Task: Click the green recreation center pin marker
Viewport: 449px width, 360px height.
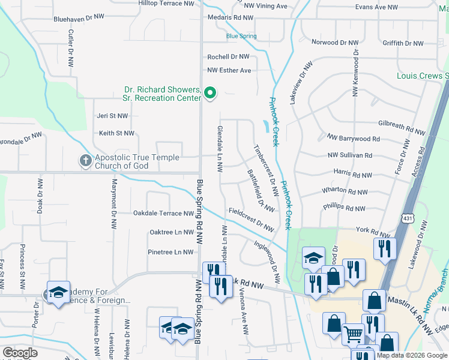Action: point(209,93)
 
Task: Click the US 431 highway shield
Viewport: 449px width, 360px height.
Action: point(408,218)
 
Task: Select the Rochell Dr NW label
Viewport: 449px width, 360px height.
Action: point(228,57)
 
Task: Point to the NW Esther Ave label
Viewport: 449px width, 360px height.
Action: point(229,70)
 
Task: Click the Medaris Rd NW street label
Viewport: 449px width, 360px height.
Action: point(230,18)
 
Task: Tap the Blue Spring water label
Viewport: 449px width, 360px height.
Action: point(241,36)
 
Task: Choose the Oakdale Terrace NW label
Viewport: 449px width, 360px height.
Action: point(164,213)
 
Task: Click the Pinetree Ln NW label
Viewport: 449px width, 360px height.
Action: point(171,253)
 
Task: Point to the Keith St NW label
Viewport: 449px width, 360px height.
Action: point(116,133)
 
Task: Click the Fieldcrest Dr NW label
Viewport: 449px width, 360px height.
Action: point(251,220)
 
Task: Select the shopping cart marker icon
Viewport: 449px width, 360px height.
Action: point(353,333)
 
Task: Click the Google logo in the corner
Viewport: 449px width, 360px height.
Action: point(20,353)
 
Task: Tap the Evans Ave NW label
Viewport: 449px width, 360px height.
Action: point(376,7)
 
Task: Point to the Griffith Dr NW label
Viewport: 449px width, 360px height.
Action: point(403,43)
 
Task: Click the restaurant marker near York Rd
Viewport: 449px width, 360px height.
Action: point(384,247)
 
